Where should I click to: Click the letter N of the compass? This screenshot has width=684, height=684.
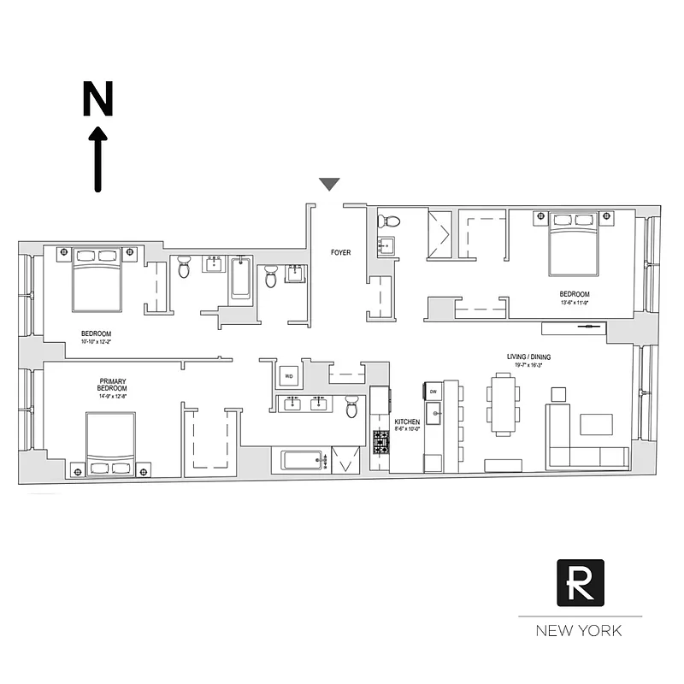pyautogui.click(x=97, y=99)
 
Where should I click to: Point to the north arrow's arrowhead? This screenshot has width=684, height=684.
pyautogui.click(x=98, y=134)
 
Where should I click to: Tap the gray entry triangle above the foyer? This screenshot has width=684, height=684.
pyautogui.click(x=329, y=184)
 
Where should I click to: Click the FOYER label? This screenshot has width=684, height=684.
pyautogui.click(x=341, y=253)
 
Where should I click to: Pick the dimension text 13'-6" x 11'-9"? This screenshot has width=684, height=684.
pyautogui.click(x=574, y=302)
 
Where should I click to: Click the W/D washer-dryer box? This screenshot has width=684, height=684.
pyautogui.click(x=289, y=375)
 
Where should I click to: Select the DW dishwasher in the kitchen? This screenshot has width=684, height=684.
pyautogui.click(x=433, y=392)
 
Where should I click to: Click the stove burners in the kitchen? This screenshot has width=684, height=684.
pyautogui.click(x=380, y=442)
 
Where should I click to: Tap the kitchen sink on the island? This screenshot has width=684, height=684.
pyautogui.click(x=433, y=417)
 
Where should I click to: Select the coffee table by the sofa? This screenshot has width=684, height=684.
pyautogui.click(x=596, y=425)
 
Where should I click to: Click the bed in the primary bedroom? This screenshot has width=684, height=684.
pyautogui.click(x=110, y=439)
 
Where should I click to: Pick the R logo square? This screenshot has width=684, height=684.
pyautogui.click(x=581, y=582)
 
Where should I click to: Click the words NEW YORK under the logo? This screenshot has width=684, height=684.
pyautogui.click(x=579, y=632)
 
